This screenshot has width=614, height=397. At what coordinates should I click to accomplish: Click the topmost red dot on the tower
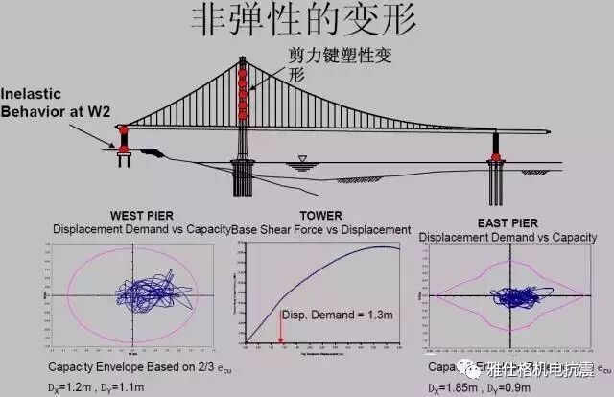pyautogui.click(x=242, y=74)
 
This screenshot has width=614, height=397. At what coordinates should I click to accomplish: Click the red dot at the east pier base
pyautogui.click(x=496, y=156)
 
